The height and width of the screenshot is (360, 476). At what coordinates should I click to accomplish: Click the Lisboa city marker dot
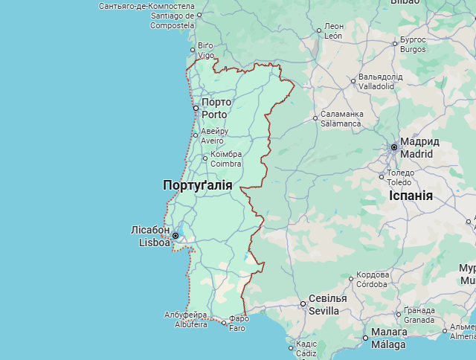(176, 236)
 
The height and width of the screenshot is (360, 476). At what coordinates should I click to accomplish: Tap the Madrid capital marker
(394, 147)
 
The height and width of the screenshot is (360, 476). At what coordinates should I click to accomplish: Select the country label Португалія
(197, 185)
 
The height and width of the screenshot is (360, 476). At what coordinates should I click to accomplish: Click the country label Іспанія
(411, 196)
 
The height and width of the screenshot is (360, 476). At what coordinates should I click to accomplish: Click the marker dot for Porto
(196, 109)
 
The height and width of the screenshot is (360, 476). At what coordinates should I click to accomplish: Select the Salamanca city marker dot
(315, 118)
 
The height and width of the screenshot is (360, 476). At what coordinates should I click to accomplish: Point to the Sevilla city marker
(303, 303)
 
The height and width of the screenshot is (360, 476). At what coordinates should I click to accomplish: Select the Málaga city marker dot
(365, 338)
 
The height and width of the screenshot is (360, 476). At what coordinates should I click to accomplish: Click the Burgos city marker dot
(395, 43)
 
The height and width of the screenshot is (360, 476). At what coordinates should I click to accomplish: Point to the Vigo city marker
(193, 51)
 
